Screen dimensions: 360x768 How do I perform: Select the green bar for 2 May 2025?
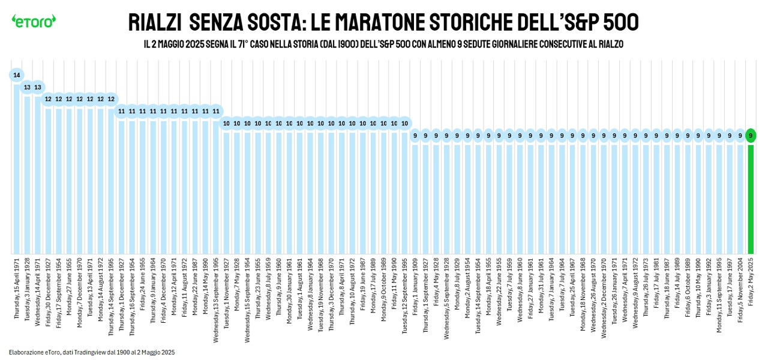pyautogui.click(x=751, y=198)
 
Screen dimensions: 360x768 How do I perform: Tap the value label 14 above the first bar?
pyautogui.click(x=17, y=75)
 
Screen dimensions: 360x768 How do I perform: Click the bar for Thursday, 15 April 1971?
pyautogui.click(x=17, y=168)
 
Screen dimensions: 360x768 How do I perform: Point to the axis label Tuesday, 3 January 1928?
pyautogui.click(x=28, y=289)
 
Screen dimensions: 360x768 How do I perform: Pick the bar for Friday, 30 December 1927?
pyautogui.click(x=48, y=180)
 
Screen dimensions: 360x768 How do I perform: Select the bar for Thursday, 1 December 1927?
pyautogui.click(x=122, y=186)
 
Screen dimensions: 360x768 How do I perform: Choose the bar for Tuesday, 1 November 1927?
pyautogui.click(x=227, y=192)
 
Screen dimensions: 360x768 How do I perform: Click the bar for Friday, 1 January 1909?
pyautogui.click(x=415, y=198)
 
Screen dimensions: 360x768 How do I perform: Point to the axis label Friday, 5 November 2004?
pyautogui.click(x=740, y=289)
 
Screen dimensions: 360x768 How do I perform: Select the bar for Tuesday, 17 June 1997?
pyautogui.click(x=730, y=198)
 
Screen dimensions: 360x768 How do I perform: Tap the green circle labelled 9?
pyautogui.click(x=751, y=136)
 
